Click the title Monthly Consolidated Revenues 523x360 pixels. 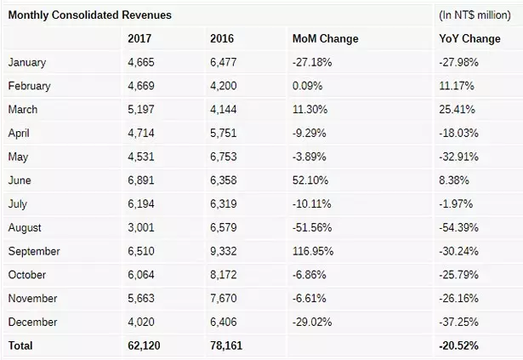click(x=89, y=15)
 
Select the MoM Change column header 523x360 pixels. click(x=325, y=39)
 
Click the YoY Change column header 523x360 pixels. click(x=470, y=39)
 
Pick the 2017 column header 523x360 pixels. click(x=139, y=39)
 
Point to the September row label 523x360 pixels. click(x=34, y=252)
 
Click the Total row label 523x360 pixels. click(x=21, y=346)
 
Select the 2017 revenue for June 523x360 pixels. click(x=143, y=180)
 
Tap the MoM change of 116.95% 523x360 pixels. click(x=311, y=252)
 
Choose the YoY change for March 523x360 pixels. click(x=458, y=110)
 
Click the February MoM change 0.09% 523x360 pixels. click(x=308, y=86)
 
